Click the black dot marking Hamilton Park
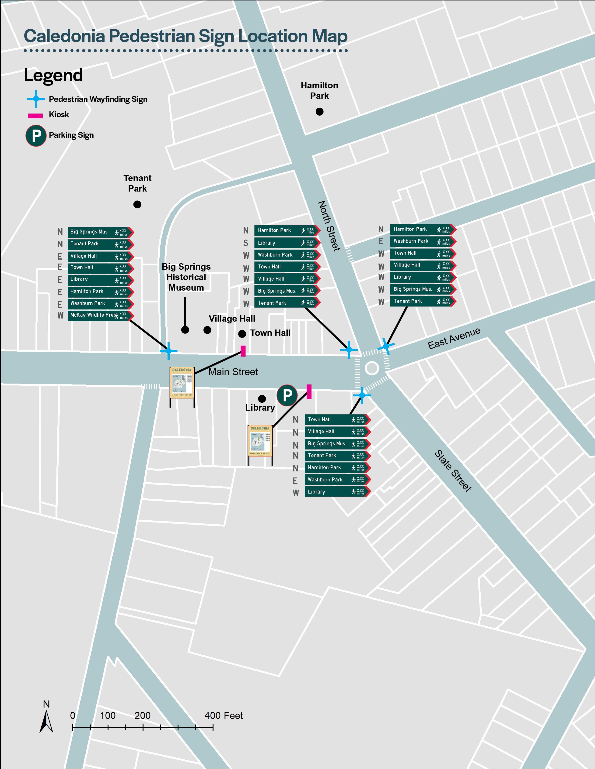(x=319, y=112)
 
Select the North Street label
(x=329, y=226)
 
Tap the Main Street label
(x=233, y=372)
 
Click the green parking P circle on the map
(x=287, y=395)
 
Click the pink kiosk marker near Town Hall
(x=243, y=351)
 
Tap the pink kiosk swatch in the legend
(x=35, y=116)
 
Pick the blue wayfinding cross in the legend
(x=36, y=99)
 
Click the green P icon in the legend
(x=36, y=136)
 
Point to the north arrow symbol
(x=46, y=722)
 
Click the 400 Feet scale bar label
(x=224, y=715)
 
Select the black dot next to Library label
(x=262, y=398)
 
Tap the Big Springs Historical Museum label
(x=186, y=277)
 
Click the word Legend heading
(x=53, y=75)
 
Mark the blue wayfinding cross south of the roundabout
(x=362, y=395)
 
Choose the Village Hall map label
(x=232, y=319)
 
